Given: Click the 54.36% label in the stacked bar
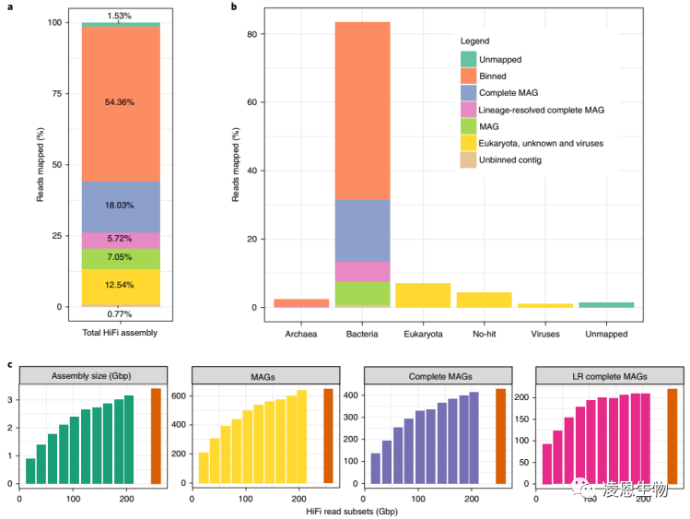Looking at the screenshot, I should point(120,103).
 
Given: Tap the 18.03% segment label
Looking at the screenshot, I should point(120,206).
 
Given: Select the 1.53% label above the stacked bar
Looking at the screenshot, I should point(120,16).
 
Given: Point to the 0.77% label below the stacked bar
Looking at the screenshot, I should point(120,314).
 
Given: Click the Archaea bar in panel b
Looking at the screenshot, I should point(301,302).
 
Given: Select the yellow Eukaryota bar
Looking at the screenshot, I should point(423,295).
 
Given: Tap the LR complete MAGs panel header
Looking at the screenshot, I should point(609,375).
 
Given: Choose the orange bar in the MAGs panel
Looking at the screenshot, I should point(328,436).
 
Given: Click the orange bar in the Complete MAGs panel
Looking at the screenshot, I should point(500,436).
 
